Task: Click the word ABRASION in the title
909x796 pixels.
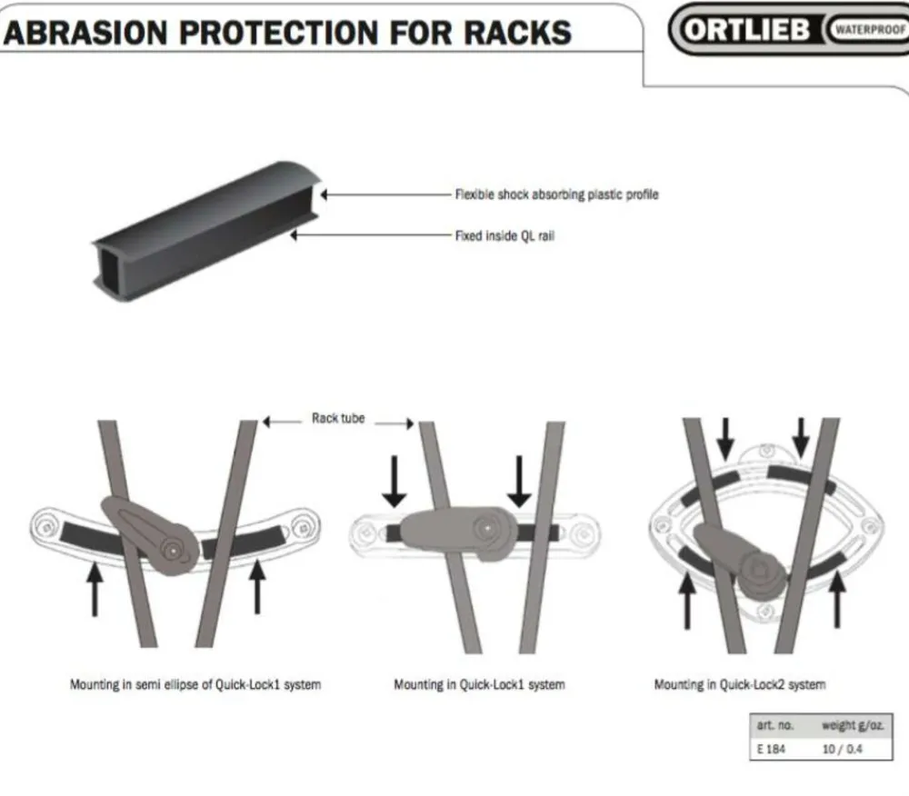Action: click(x=85, y=33)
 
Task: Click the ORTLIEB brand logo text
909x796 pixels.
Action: click(x=745, y=29)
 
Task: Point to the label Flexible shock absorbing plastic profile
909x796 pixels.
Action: click(x=556, y=194)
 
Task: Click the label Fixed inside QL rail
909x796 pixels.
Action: click(x=504, y=235)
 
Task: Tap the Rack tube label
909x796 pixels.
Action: click(x=338, y=418)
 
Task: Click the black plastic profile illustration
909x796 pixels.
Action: click(x=205, y=232)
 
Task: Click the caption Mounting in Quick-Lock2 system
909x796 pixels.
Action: click(x=740, y=685)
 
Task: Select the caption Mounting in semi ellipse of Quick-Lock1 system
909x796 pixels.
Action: click(x=195, y=685)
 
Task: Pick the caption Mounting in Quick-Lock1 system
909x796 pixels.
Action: click(x=479, y=685)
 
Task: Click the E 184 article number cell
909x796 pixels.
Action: click(x=771, y=749)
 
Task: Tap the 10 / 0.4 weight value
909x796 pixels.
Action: click(x=843, y=749)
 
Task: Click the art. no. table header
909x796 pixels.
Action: click(x=775, y=725)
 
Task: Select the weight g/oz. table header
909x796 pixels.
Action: click(x=853, y=725)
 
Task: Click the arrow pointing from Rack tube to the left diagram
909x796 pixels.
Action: click(x=283, y=422)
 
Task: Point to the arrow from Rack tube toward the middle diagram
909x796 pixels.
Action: click(x=395, y=423)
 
